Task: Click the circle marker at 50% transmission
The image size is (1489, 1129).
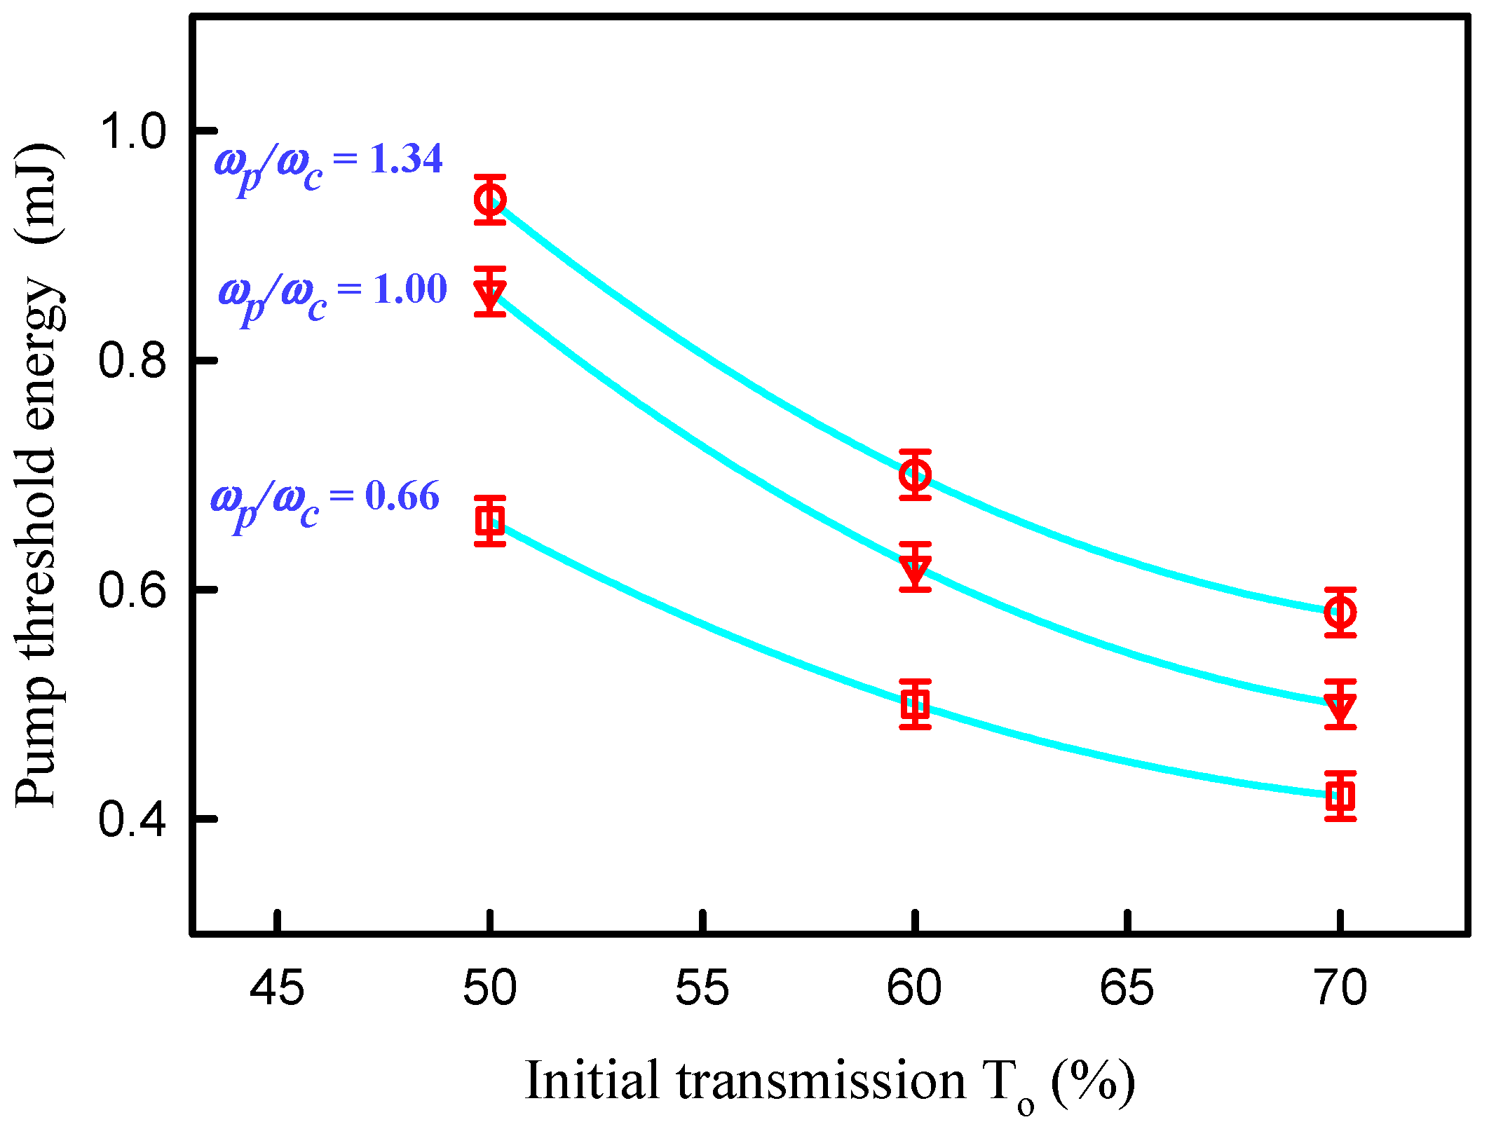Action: click(x=489, y=200)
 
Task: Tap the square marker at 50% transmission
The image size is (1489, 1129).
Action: click(x=489, y=521)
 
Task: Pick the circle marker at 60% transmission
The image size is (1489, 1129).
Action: click(x=915, y=475)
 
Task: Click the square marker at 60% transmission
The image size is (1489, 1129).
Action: click(x=915, y=704)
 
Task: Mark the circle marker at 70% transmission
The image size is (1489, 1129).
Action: click(x=1340, y=613)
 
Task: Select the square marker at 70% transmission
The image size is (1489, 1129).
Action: click(x=1340, y=795)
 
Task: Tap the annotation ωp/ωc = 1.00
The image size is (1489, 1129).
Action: click(x=332, y=296)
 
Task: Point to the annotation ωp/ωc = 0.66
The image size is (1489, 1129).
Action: click(x=325, y=502)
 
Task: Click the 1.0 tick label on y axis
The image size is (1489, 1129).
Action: click(x=132, y=131)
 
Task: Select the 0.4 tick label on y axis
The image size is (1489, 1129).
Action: click(x=132, y=819)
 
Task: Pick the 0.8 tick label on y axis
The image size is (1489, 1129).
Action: click(x=132, y=361)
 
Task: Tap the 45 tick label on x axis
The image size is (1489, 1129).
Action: click(x=278, y=988)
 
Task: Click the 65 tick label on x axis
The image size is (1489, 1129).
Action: click(x=1127, y=988)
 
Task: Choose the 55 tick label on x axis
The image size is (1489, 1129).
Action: click(x=702, y=988)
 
